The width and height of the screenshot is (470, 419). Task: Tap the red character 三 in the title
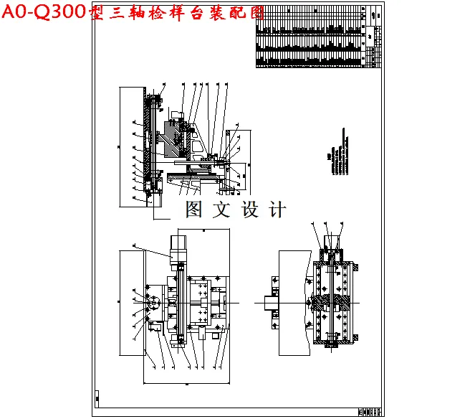click(114, 13)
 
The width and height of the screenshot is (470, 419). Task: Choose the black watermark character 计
click(276, 209)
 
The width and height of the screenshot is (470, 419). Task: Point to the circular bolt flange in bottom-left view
click(155, 303)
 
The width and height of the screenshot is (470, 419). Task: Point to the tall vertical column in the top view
click(148, 143)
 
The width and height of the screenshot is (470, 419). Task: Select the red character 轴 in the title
click(133, 13)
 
